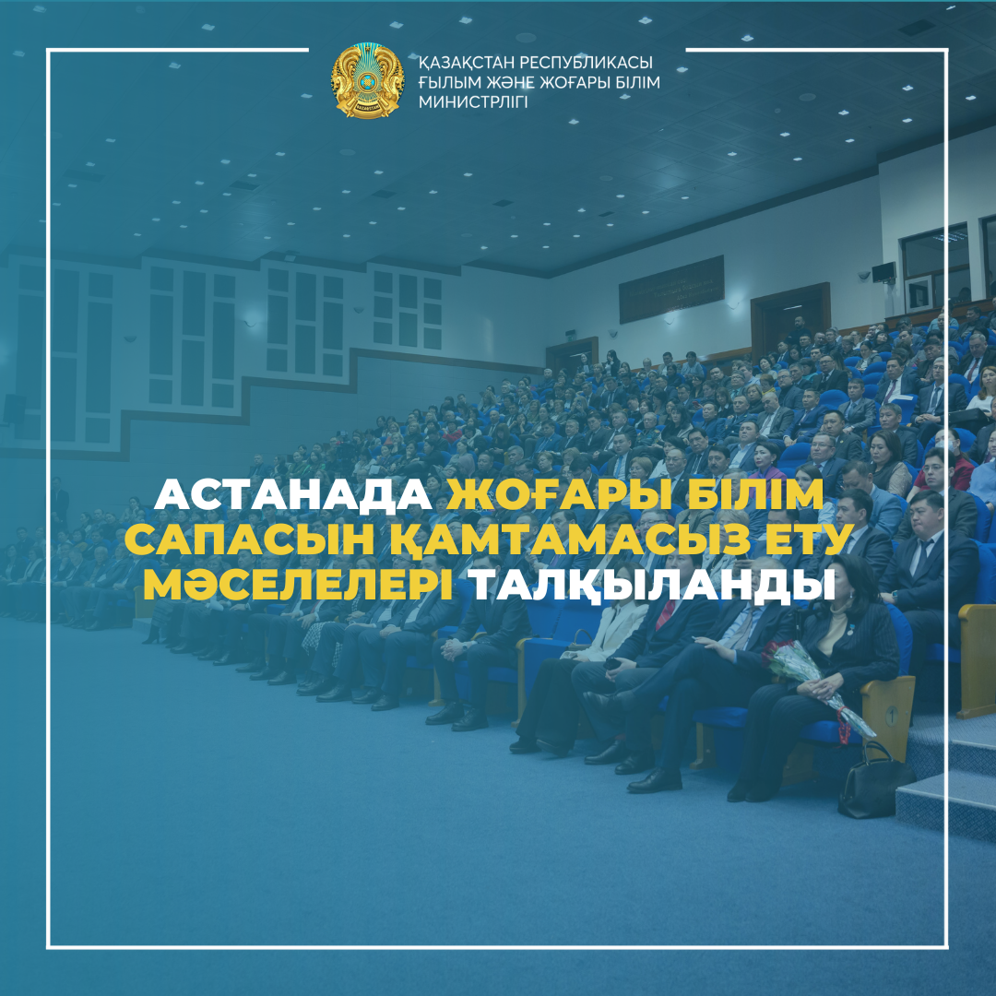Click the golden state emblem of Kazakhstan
(x=368, y=81)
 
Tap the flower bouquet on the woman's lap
(x=812, y=682)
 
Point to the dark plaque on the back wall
(x=671, y=289)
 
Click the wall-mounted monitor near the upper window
(x=883, y=273)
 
